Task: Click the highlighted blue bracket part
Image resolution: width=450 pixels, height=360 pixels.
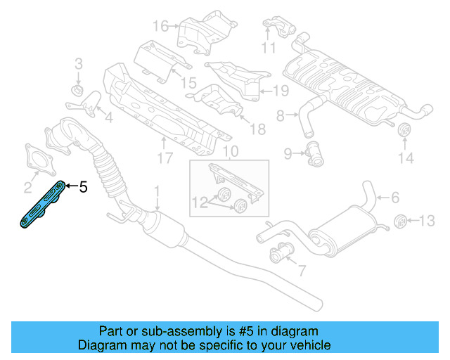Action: [x=42, y=205]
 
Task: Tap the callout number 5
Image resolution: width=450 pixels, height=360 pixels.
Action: [x=83, y=187]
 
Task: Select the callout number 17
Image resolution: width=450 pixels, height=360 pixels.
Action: [x=165, y=159]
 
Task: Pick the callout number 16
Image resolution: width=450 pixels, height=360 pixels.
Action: [x=160, y=27]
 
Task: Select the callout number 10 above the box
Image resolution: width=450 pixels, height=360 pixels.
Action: [x=231, y=151]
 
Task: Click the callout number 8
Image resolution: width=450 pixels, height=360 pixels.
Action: [x=280, y=115]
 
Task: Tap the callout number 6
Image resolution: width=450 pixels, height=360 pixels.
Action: [x=394, y=198]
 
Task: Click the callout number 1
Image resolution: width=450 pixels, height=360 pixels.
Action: [x=157, y=191]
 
